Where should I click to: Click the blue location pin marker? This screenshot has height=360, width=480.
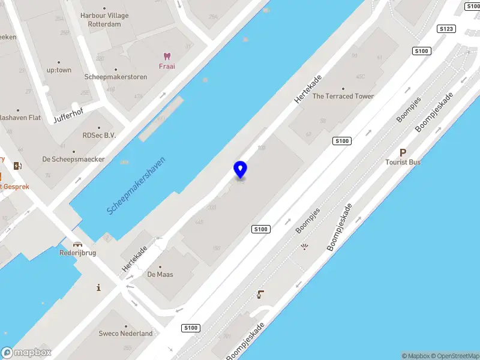tap(240, 170)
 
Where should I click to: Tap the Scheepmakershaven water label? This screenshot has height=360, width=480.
tap(136, 186)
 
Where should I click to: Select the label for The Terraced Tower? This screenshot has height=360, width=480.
tap(343, 96)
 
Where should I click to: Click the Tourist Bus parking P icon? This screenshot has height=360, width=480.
tap(403, 153)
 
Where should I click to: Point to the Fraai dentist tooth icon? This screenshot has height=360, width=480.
tap(167, 56)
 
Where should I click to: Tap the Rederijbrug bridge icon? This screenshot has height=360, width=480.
tap(77, 244)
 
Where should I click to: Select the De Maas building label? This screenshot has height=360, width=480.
tap(160, 274)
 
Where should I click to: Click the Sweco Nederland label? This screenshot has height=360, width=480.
tap(126, 333)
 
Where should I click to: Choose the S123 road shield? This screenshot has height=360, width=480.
tap(446, 29)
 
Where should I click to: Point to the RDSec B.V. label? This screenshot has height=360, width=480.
tap(99, 136)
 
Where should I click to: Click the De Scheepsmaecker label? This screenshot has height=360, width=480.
tap(73, 159)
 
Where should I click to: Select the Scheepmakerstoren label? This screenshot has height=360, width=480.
tap(116, 77)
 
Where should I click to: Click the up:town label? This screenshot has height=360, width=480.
tap(59, 70)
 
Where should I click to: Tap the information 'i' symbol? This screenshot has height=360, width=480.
tap(98, 288)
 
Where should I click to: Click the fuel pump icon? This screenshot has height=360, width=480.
tap(17, 166)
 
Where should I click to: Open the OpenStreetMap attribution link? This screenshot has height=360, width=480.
tap(454, 356)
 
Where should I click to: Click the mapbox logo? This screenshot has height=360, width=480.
tap(27, 353)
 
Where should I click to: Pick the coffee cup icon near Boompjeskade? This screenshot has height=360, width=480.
tap(260, 294)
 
